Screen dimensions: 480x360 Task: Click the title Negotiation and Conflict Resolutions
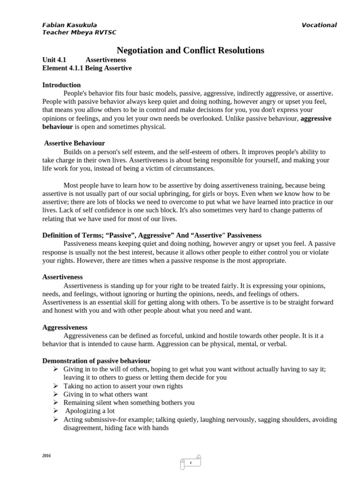pyautogui.click(x=190, y=50)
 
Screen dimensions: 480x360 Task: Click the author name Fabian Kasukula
pyautogui.click(x=70, y=25)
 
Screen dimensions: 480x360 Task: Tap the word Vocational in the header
pyautogui.click(x=319, y=25)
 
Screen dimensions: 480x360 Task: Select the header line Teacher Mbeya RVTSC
pyautogui.click(x=79, y=32)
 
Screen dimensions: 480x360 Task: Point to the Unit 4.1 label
pyautogui.click(x=54, y=60)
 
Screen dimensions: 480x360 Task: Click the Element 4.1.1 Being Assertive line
pyautogui.click(x=87, y=68)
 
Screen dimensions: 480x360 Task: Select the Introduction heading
pyautogui.click(x=61, y=85)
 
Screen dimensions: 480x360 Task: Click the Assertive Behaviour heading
pyautogui.click(x=74, y=143)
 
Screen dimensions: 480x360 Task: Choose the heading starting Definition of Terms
pyautogui.click(x=152, y=235)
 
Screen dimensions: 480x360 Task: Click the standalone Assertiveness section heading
pyautogui.click(x=62, y=277)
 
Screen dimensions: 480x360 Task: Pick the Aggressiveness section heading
pyautogui.click(x=65, y=327)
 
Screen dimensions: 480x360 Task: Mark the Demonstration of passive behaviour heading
pyautogui.click(x=97, y=360)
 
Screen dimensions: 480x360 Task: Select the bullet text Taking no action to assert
pyautogui.click(x=123, y=386)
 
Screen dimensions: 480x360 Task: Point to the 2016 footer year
pyautogui.click(x=46, y=456)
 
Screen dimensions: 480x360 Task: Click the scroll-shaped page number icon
pyautogui.click(x=191, y=462)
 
